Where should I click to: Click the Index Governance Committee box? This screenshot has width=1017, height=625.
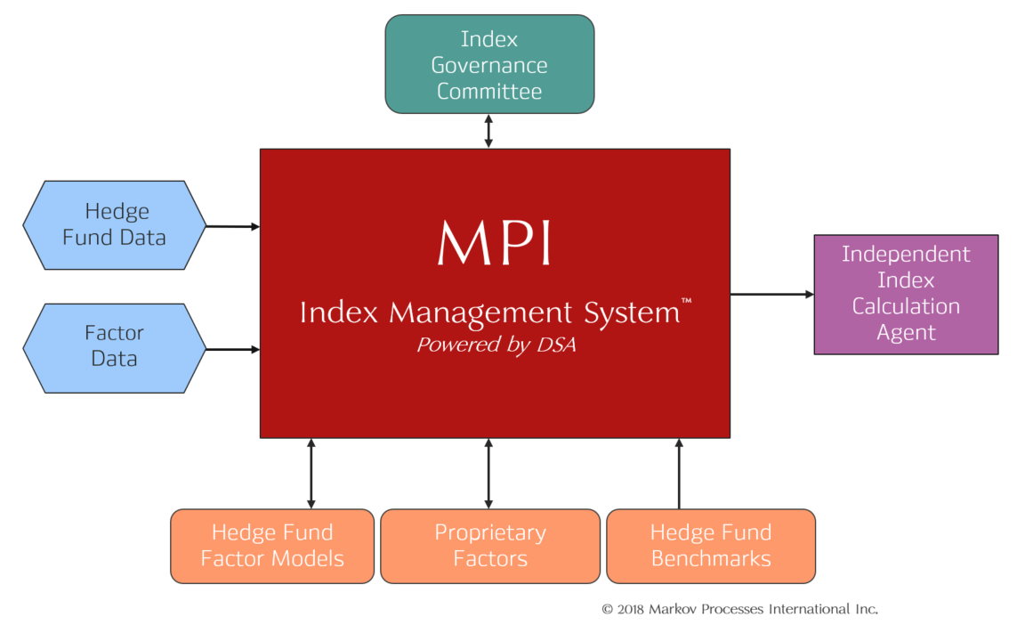tap(489, 64)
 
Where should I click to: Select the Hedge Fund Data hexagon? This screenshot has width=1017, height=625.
tap(114, 225)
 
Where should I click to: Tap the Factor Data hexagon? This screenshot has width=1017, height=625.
tap(114, 348)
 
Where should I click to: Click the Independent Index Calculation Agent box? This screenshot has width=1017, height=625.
tap(906, 295)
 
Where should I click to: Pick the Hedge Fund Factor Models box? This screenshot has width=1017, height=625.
tap(272, 546)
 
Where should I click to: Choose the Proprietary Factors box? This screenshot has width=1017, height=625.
tap(490, 546)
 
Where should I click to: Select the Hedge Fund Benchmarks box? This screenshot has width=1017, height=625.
tap(711, 546)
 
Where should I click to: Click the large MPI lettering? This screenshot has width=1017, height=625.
tap(494, 242)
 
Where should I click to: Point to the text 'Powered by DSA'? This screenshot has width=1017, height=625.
tap(496, 345)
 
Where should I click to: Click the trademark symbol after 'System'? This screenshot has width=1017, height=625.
tap(686, 301)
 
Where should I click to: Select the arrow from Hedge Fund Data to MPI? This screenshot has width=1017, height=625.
tap(233, 226)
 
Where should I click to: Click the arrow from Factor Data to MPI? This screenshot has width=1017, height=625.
tap(233, 350)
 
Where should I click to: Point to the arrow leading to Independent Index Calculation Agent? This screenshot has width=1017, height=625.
tap(771, 294)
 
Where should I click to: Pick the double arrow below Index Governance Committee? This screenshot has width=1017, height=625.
tap(488, 131)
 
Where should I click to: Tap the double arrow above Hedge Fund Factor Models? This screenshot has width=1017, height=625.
tap(311, 474)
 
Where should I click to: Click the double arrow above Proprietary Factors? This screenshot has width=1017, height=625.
tap(488, 474)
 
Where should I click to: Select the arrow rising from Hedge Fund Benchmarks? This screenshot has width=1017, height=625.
tap(679, 474)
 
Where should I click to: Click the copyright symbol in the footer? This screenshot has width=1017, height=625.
tap(607, 610)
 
